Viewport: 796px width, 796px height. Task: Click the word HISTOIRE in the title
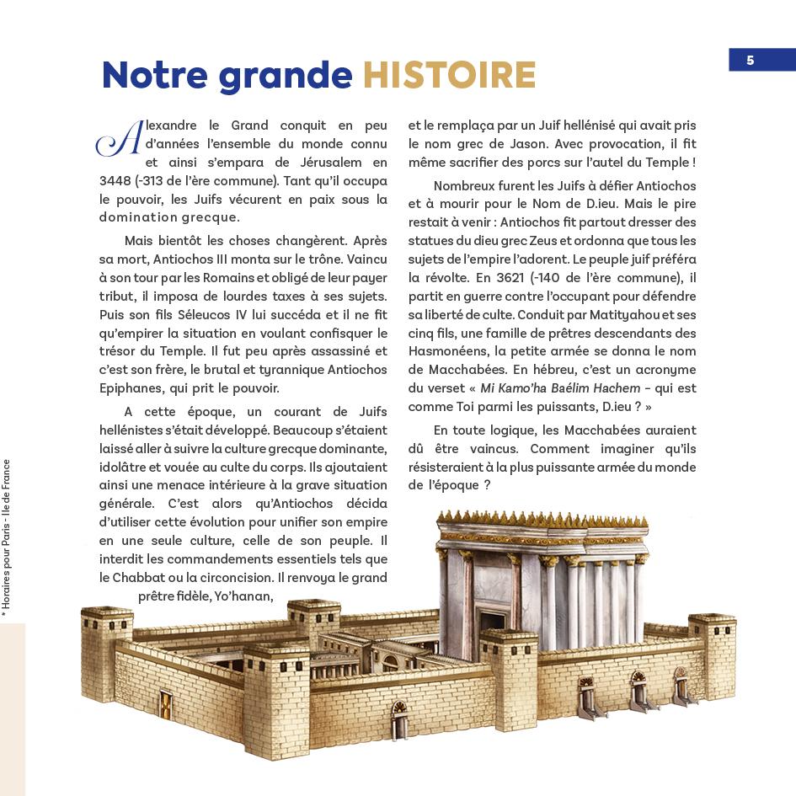449,76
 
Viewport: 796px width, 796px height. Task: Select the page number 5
750,60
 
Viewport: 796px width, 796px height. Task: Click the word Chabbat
147,578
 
